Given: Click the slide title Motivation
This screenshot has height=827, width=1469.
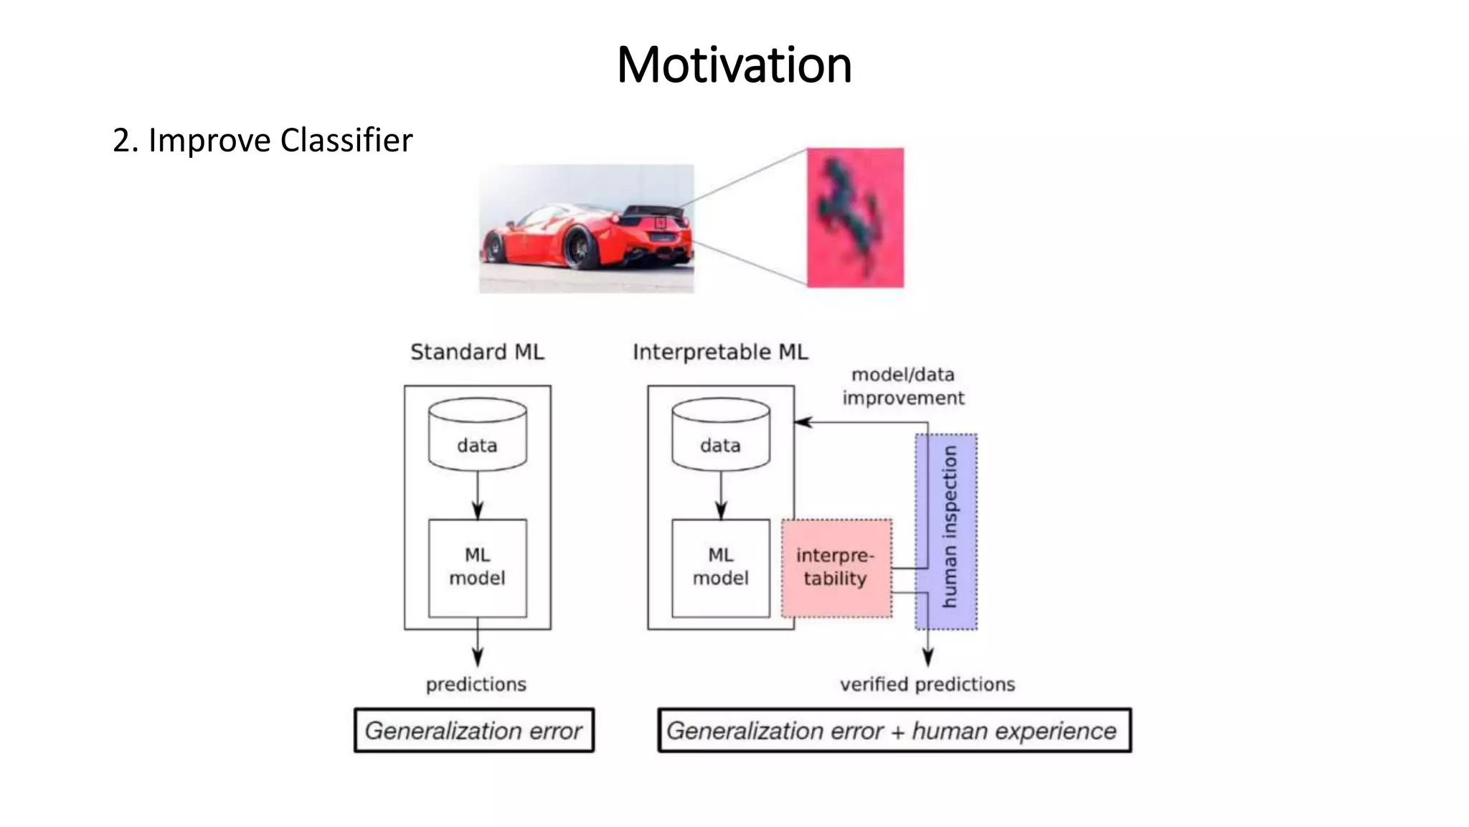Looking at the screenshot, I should click(x=734, y=65).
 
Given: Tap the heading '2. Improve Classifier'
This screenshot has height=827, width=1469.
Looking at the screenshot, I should click(x=263, y=140).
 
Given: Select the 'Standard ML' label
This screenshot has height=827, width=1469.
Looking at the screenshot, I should click(x=477, y=352).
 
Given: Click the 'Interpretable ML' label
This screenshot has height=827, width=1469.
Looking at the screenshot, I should click(x=720, y=352).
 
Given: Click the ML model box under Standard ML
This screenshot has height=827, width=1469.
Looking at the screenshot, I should click(x=477, y=568).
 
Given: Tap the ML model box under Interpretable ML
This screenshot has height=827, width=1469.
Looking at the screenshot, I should click(x=720, y=568).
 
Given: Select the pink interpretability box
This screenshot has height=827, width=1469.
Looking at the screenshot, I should click(x=836, y=568).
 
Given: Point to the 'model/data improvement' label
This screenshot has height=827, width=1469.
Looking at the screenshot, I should click(x=903, y=386).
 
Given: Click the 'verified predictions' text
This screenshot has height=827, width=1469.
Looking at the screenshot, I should click(x=927, y=684).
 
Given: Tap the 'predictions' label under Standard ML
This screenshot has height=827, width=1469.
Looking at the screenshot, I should click(x=476, y=684).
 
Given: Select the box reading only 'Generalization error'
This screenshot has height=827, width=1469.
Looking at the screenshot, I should click(x=474, y=731).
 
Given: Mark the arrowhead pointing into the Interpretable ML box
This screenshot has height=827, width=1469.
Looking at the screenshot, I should click(x=803, y=422).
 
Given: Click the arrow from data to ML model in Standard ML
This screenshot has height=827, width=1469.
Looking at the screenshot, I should click(x=478, y=495).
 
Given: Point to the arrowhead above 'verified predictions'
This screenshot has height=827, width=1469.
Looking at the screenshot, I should click(x=927, y=656).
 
